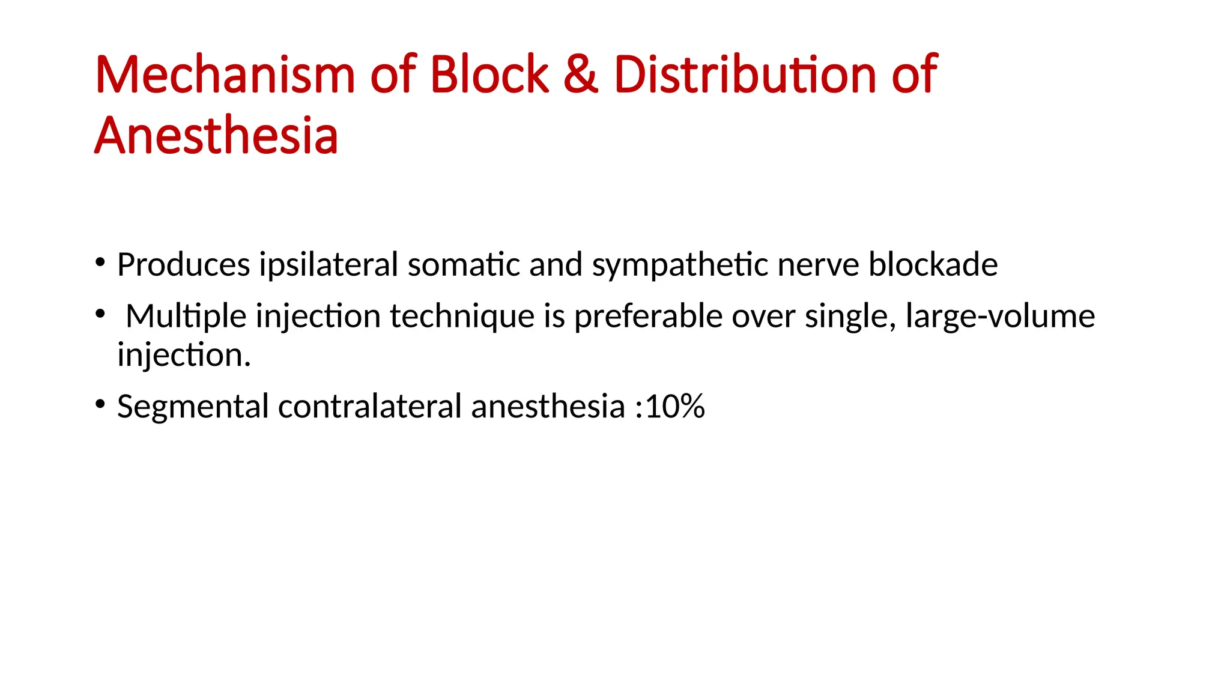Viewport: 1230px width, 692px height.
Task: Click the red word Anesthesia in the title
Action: coord(216,136)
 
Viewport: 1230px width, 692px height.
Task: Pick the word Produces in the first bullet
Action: coord(183,265)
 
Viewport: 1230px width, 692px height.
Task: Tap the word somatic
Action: coord(464,265)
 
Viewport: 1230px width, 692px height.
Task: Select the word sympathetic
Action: coord(680,265)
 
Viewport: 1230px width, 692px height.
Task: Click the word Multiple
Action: coord(186,317)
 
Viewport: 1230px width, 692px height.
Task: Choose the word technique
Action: coord(462,317)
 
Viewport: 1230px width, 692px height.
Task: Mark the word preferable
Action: coord(648,317)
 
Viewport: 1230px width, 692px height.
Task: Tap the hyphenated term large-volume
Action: coord(1000,317)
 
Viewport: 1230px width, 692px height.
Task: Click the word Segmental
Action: coord(193,407)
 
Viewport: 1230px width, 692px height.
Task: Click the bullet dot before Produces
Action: coord(100,262)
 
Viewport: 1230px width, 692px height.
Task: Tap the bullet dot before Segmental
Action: coord(100,404)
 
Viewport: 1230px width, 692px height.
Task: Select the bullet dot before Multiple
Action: coord(100,314)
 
